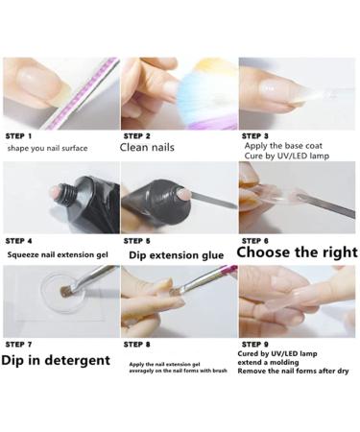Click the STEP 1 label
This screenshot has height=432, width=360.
[18, 136]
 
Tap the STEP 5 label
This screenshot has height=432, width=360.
[136, 241]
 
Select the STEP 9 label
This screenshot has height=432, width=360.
[255, 345]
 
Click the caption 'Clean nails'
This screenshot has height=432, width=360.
[147, 148]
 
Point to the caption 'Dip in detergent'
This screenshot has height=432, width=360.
[56, 360]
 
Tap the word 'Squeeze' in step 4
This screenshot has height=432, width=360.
[23, 255]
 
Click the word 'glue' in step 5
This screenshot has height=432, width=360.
[212, 255]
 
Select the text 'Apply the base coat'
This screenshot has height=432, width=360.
[283, 146]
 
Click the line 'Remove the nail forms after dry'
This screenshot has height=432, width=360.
[293, 372]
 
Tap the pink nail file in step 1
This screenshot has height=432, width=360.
[83, 93]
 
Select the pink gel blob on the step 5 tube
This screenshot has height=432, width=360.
[183, 194]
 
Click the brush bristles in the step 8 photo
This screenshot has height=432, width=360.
[177, 292]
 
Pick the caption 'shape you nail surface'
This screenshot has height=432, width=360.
[47, 149]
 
